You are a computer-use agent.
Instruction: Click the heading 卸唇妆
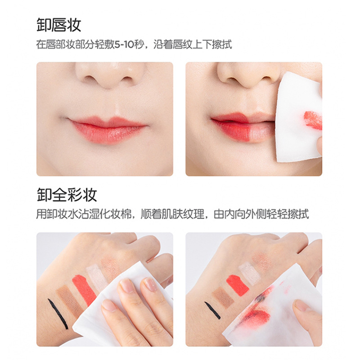[x=59, y=25]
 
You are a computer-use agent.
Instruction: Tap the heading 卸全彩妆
[x=67, y=195]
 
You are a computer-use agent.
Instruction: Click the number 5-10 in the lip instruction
[x=124, y=44]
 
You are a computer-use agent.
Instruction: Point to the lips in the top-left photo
[x=108, y=129]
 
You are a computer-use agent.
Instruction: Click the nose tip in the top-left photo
[x=110, y=81]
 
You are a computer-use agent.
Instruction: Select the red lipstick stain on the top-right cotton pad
[x=313, y=120]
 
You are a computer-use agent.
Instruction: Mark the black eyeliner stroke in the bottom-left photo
[x=58, y=314]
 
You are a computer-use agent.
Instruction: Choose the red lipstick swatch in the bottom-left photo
[x=84, y=290]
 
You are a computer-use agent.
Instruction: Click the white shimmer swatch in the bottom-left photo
[x=97, y=277]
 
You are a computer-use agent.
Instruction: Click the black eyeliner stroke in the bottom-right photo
[x=212, y=310]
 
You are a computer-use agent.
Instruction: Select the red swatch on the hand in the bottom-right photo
[x=238, y=285]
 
